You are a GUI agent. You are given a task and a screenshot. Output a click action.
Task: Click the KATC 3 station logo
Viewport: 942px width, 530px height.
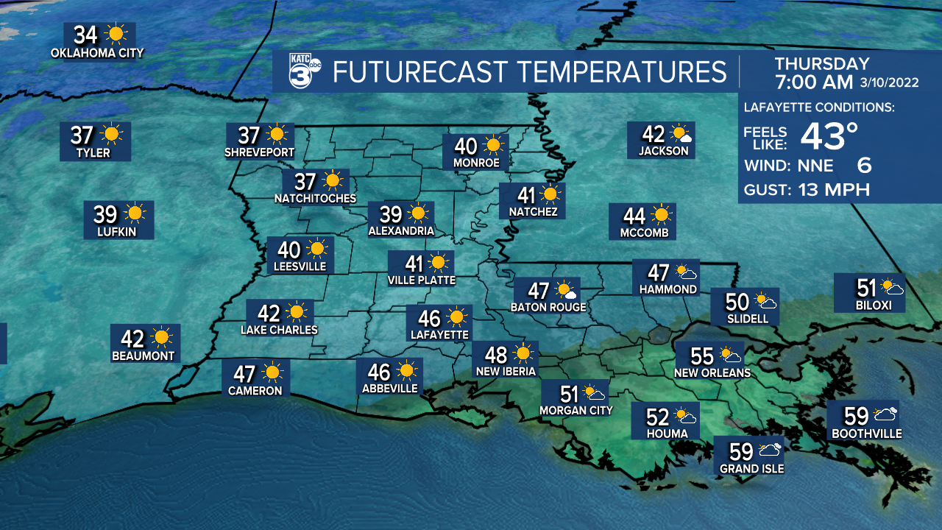pyautogui.click(x=302, y=71)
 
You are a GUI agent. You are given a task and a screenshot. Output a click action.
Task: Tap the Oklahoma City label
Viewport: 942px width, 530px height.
pyautogui.click(x=97, y=53)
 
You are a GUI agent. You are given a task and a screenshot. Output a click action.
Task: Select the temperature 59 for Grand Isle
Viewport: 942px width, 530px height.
pyautogui.click(x=741, y=451)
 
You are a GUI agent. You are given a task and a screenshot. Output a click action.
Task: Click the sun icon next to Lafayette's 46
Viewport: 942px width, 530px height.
pyautogui.click(x=456, y=317)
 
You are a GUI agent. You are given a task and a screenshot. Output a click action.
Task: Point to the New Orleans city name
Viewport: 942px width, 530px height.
pyautogui.click(x=712, y=372)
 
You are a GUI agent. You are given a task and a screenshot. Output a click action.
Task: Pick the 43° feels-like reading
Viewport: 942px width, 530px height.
pyautogui.click(x=829, y=135)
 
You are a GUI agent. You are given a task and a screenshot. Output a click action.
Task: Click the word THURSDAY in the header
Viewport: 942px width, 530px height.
pyautogui.click(x=822, y=64)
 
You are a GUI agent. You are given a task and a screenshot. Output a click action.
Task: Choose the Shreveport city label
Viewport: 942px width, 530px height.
pyautogui.click(x=259, y=152)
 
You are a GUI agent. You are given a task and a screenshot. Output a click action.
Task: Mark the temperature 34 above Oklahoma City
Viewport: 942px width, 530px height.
pyautogui.click(x=85, y=35)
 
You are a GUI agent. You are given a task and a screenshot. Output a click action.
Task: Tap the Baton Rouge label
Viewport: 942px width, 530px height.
pyautogui.click(x=548, y=307)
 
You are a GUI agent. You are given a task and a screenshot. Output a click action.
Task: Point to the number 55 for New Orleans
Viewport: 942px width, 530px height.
pyautogui.click(x=702, y=356)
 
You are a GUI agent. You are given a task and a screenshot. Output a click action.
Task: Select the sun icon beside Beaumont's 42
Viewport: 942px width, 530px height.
pyautogui.click(x=161, y=338)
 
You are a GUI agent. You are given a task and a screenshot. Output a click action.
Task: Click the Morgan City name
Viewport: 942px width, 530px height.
pyautogui.click(x=576, y=410)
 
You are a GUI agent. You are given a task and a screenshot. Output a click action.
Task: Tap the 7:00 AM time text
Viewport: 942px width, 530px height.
pyautogui.click(x=814, y=81)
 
